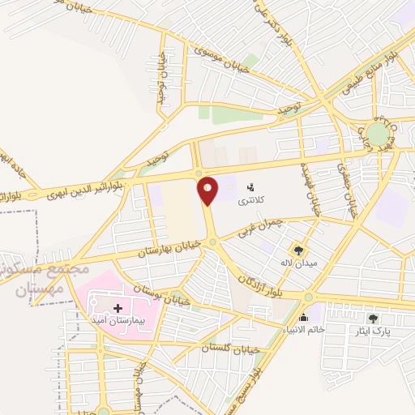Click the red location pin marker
click(x=208, y=190)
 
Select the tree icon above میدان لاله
click(x=299, y=250)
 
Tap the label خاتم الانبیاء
click(x=305, y=329)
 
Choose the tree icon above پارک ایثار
click(x=373, y=319)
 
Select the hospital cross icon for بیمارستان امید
click(x=119, y=308)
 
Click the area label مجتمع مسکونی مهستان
click(x=32, y=276)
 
